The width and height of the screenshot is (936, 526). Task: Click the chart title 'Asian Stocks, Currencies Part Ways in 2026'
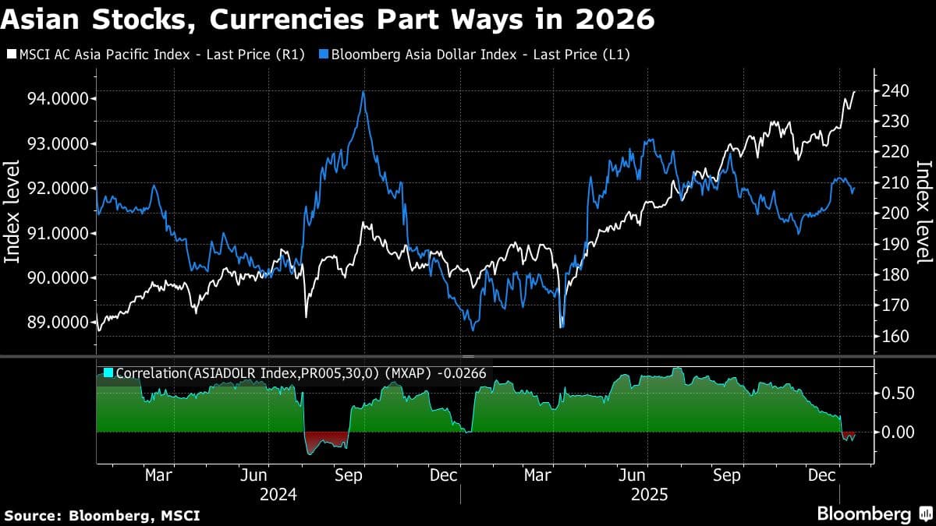(x=328, y=19)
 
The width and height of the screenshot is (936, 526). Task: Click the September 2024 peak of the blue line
(x=363, y=93)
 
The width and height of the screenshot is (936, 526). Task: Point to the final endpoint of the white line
(x=855, y=92)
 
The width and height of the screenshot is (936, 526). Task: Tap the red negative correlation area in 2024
(x=324, y=442)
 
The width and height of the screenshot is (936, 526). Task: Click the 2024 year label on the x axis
(x=277, y=494)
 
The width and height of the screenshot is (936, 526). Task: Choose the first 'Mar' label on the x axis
(x=159, y=475)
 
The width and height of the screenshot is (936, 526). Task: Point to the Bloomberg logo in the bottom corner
(x=874, y=514)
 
